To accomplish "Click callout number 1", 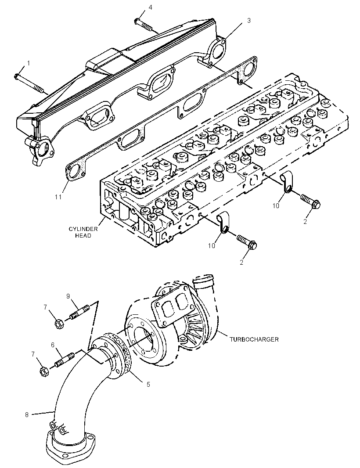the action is pos(29,63).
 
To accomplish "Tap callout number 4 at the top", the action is pos(151,7).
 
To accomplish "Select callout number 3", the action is pos(248,20).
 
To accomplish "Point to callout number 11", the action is pos(58,197).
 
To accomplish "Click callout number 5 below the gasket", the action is pos(148,385).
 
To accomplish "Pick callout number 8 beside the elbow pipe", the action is pos(27,414).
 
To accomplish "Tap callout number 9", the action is pos(68,296).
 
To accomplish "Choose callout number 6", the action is pos(53,345).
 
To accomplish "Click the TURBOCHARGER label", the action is pos(254,339).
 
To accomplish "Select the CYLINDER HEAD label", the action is pos(83,232).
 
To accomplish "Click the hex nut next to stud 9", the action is pos(59,324).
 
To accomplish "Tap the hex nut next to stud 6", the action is pos(44,372).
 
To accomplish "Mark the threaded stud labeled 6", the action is pos(65,360).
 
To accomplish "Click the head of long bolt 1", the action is pos(17,76).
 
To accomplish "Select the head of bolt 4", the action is pos(137,21).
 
